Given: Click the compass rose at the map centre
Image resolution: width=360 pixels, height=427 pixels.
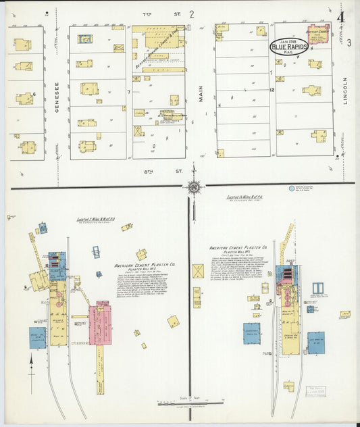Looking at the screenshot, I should (194, 186).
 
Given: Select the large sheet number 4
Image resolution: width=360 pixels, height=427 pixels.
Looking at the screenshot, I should (342, 17).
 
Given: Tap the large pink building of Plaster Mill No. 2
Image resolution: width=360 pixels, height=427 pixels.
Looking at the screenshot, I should (101, 323).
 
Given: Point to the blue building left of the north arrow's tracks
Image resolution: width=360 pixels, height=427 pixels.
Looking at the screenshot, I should (38, 337).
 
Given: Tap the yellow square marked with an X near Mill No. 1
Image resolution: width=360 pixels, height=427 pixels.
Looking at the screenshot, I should (199, 271).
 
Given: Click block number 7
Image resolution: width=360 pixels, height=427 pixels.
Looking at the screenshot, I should (128, 91).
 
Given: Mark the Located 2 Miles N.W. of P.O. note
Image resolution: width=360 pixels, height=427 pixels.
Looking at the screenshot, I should (94, 220).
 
